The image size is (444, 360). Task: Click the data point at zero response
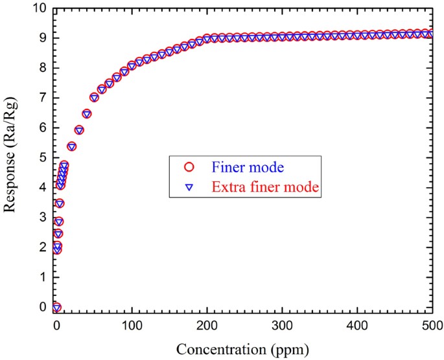click(56, 307)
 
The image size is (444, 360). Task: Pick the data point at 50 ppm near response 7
click(94, 98)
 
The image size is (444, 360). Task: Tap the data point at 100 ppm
click(132, 65)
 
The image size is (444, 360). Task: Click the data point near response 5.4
click(71, 146)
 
